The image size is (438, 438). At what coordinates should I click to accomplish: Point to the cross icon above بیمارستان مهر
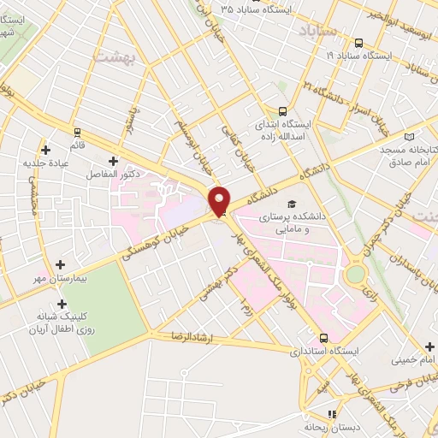[59, 265]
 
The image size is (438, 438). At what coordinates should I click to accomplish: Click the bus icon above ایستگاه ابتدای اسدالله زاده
[282, 110]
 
